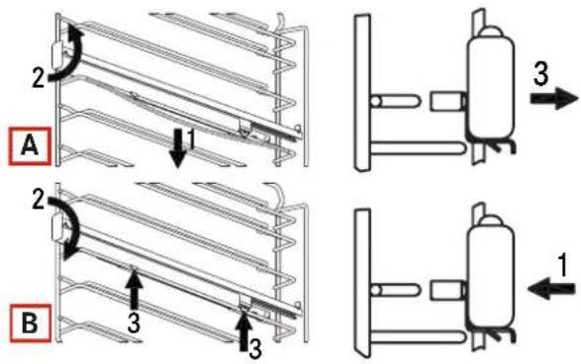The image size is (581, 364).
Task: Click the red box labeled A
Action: point(30,145)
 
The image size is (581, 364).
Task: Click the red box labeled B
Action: point(30,322)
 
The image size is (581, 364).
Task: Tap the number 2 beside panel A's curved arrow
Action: point(39,78)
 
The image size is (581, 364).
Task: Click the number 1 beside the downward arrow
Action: point(192,139)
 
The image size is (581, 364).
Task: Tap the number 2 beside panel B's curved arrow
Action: point(39,202)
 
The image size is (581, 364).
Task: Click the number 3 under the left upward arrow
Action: point(134,322)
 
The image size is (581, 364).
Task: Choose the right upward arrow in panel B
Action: point(243,331)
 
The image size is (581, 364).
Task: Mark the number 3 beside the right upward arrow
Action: point(255,349)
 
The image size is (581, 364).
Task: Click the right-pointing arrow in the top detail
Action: point(554,99)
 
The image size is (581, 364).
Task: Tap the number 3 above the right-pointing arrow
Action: point(541,73)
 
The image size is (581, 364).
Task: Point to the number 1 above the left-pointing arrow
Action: point(562,265)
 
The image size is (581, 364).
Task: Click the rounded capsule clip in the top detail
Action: point(491,87)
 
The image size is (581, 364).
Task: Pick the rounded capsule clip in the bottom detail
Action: point(491,277)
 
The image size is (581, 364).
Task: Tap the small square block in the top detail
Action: point(445,101)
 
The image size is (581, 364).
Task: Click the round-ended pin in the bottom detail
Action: point(395,290)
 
